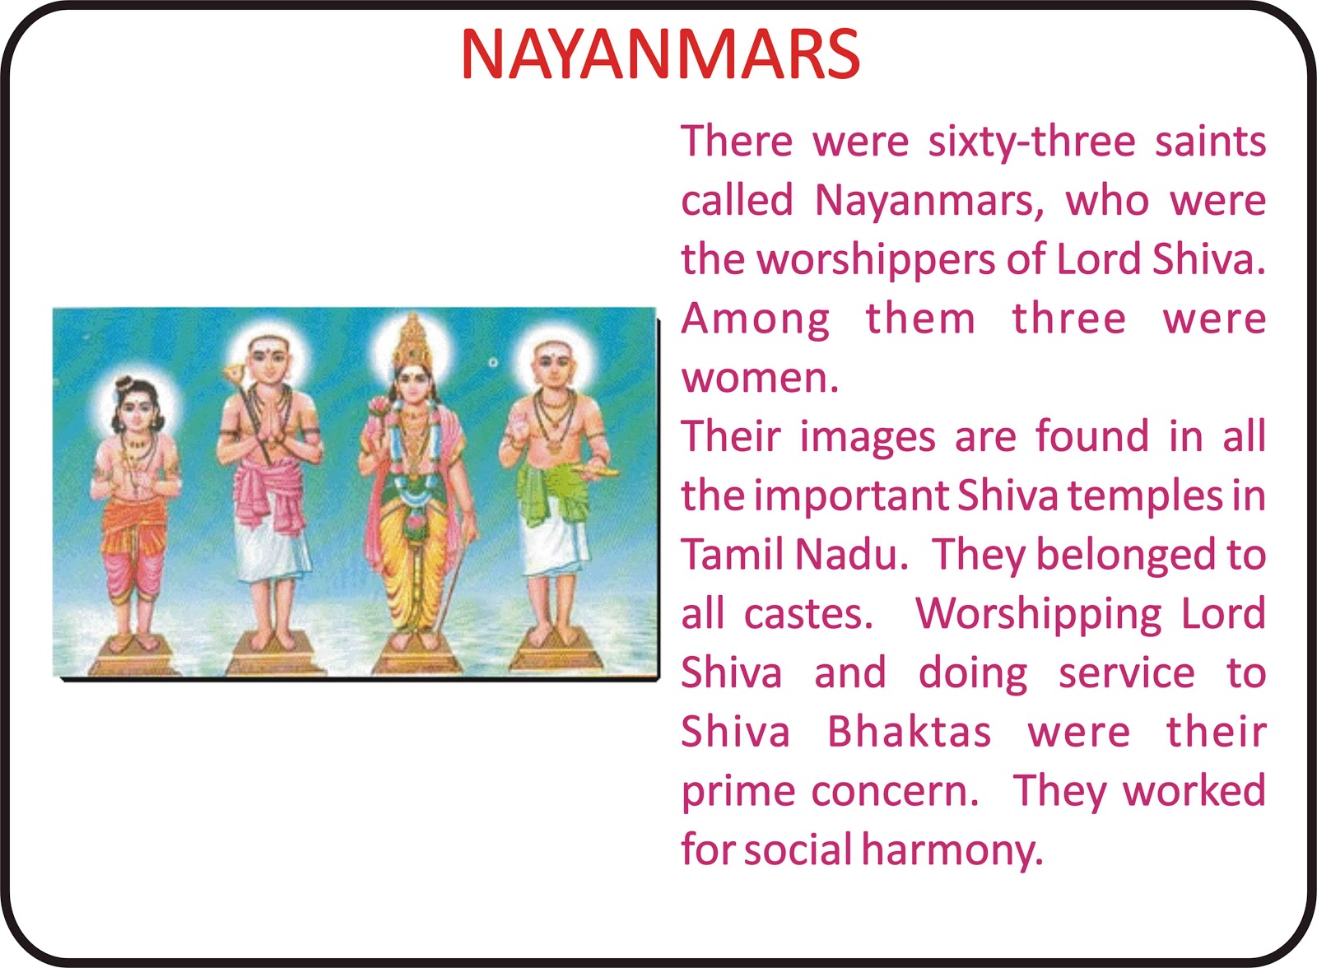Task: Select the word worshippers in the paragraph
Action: (x=876, y=261)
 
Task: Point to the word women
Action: (x=760, y=379)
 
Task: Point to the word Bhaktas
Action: (x=909, y=732)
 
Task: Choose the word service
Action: (x=1127, y=673)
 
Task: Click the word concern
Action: (x=894, y=792)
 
